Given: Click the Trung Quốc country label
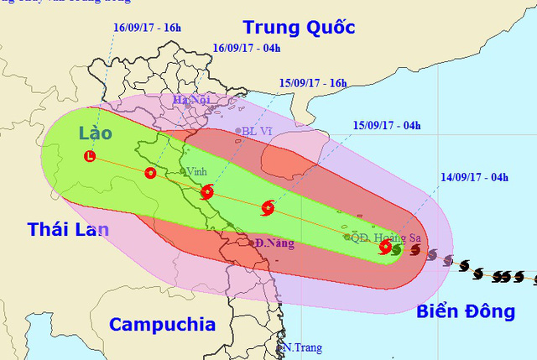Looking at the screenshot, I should click(x=297, y=28).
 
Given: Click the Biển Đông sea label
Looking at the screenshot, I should click(x=465, y=312).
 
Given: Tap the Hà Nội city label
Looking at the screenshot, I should click(x=191, y=101).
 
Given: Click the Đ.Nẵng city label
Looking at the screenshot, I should click(x=276, y=243).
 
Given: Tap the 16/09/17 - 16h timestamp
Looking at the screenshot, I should click(x=148, y=28).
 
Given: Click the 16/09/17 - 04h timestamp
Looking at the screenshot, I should click(x=247, y=48).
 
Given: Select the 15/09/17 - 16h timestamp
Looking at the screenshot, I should click(x=314, y=84).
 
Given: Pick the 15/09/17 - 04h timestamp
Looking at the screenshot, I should click(x=387, y=126).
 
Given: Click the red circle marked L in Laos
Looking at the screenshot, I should click(x=90, y=156).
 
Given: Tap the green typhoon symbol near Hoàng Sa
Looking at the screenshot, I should click(x=397, y=248).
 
